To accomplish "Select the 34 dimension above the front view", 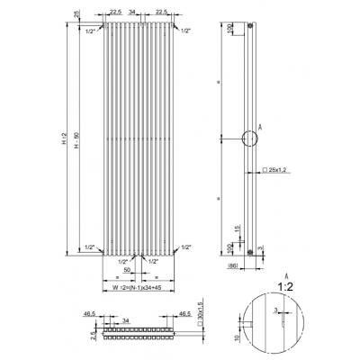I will (x=133, y=13).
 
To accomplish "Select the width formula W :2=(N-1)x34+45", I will (x=134, y=287).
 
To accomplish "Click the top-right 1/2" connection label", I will (x=184, y=31).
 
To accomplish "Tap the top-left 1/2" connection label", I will (x=91, y=31).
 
